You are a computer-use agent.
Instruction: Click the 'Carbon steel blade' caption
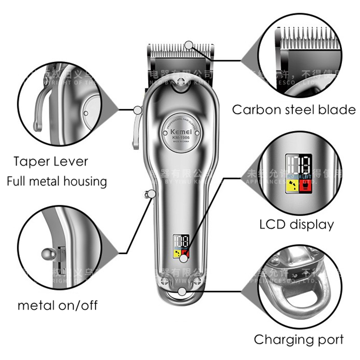[x=293, y=110]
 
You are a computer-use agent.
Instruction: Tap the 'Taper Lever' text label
[x=50, y=162]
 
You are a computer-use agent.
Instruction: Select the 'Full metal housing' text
[x=57, y=181]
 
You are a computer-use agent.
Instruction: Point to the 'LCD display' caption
[x=297, y=224]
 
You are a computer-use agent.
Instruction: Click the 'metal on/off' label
[x=57, y=306]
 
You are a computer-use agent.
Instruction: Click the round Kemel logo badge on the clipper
[x=181, y=131]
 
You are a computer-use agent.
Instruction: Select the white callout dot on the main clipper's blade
[x=189, y=45]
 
